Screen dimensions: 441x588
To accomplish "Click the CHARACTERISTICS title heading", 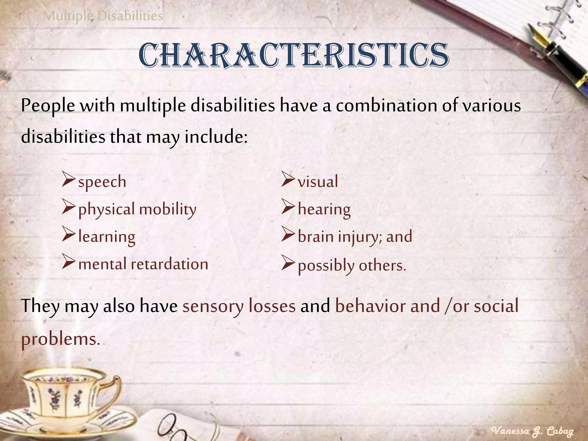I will pyautogui.click(x=294, y=55).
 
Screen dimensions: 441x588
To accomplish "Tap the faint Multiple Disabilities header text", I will pyautogui.click(x=103, y=16).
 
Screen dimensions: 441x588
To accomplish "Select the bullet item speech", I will pyautogui.click(x=102, y=182).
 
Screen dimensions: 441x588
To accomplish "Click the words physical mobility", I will pyautogui.click(x=137, y=209).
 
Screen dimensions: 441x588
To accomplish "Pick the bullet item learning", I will pyautogui.click(x=107, y=237).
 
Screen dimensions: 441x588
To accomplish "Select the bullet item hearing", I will pyautogui.click(x=324, y=209).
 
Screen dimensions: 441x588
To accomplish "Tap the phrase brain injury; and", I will pyautogui.click(x=355, y=237).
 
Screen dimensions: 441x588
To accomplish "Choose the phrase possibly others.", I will pyautogui.click(x=352, y=266).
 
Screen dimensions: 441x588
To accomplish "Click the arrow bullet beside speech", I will pyautogui.click(x=68, y=179).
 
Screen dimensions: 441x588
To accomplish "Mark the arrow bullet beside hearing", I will pyautogui.click(x=288, y=207).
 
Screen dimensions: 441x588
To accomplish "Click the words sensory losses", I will pyautogui.click(x=239, y=306).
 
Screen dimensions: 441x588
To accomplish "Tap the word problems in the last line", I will pyautogui.click(x=61, y=339).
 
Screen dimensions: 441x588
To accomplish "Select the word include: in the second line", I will pyautogui.click(x=216, y=137).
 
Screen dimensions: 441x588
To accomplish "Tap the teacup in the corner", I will pyautogui.click(x=66, y=402).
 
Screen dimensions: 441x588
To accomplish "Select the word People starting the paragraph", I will pyautogui.click(x=48, y=106).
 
